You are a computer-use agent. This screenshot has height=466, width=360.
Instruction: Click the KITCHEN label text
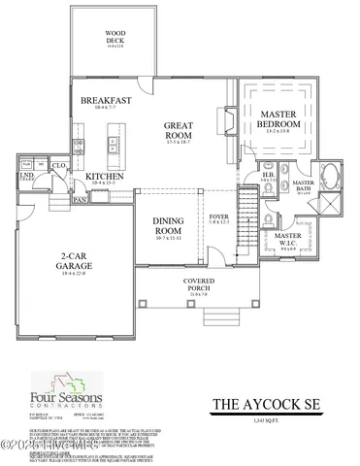(x=104, y=177)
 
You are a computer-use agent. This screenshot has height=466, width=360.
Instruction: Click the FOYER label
(x=218, y=216)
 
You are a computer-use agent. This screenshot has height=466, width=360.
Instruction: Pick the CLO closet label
(x=57, y=166)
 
